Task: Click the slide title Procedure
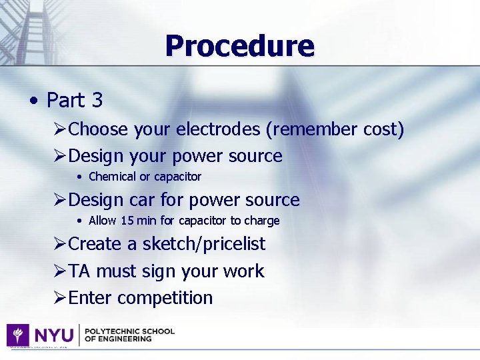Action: pos(239,46)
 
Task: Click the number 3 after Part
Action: pos(97,101)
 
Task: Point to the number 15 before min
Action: pos(128,221)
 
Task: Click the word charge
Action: pos(263,221)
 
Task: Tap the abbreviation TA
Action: pos(80,271)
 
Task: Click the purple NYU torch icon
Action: pos(17,335)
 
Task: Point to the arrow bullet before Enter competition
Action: pos(59,298)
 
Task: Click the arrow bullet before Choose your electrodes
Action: pos(59,129)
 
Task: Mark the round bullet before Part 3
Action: pos(33,101)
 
